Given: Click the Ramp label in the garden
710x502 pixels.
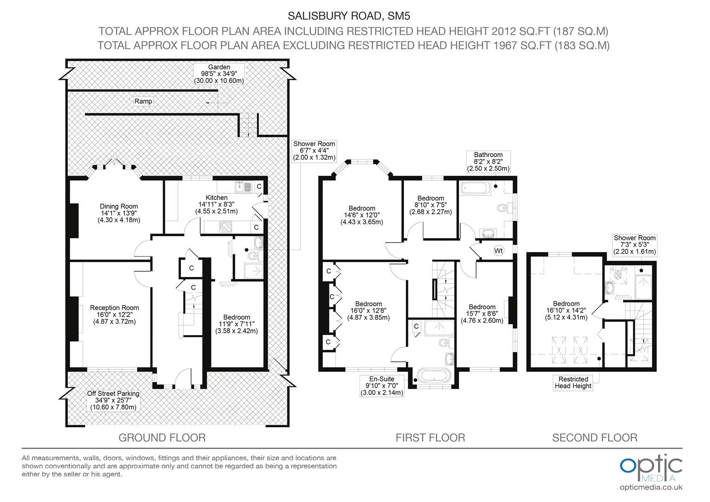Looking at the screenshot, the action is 143,101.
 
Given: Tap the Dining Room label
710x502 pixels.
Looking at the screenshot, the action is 119,213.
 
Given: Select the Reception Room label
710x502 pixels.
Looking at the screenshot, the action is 114,315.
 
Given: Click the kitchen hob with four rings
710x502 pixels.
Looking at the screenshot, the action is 225,227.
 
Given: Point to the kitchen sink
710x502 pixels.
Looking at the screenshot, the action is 243,187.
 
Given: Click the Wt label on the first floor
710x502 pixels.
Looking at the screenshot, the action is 499,251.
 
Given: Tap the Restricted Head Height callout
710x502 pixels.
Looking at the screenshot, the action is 573,383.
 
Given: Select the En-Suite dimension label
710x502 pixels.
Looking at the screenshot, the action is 382,386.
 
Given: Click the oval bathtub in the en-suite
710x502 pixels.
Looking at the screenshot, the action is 434,376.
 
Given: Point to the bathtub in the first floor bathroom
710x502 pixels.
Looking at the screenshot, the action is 475,188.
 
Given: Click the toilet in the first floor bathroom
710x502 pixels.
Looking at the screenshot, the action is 504,208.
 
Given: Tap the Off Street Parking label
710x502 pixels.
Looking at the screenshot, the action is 113,401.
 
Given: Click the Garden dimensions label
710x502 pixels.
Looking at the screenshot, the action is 219,74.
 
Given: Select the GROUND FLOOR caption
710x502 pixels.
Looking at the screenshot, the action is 162,438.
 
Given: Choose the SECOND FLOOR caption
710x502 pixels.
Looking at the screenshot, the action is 595,438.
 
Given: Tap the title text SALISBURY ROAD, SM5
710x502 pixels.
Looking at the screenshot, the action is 348,16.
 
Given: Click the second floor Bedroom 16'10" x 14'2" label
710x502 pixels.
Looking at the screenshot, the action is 566,310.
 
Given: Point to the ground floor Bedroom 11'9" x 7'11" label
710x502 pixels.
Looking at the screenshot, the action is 237,324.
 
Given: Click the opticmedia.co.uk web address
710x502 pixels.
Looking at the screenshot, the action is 651,488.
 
